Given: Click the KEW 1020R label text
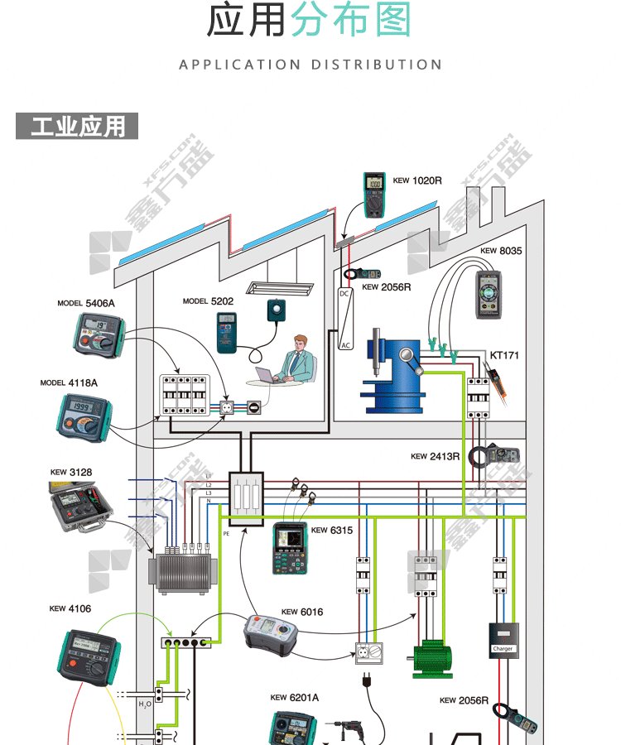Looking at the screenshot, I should [417, 180].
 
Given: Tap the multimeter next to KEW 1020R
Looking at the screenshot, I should [374, 195].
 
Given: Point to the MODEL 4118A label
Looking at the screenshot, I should [69, 383].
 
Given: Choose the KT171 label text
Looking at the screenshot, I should [504, 355].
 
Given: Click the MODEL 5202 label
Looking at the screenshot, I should [208, 301].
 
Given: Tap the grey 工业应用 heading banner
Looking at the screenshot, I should [77, 127].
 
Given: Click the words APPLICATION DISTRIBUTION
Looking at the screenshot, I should [310, 65].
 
